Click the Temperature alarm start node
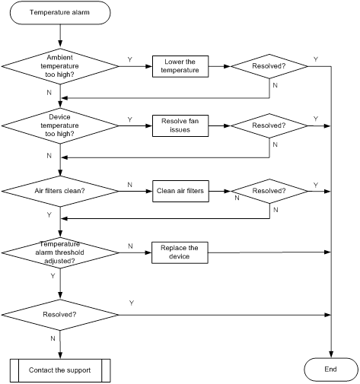(x=60, y=13)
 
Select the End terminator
(x=331, y=370)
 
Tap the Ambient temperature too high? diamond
(x=60, y=66)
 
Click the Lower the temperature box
(x=180, y=66)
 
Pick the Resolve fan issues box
(x=180, y=126)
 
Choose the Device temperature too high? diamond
(x=60, y=125)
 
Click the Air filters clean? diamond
(x=60, y=191)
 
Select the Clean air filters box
(x=180, y=191)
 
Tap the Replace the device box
(x=180, y=252)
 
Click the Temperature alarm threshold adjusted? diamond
(x=60, y=252)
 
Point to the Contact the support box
(x=60, y=370)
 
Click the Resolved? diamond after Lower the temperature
(x=269, y=66)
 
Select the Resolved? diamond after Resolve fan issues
(x=269, y=125)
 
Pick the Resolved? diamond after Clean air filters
(x=269, y=191)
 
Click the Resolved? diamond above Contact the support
(x=60, y=315)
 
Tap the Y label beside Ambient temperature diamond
(x=130, y=59)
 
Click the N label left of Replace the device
(x=130, y=246)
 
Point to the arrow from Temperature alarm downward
(x=60, y=36)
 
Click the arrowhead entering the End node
(x=331, y=354)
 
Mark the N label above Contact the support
(x=53, y=338)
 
